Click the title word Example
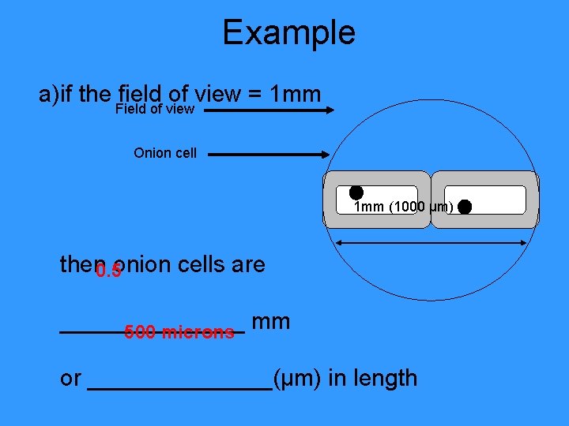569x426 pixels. coord(288,33)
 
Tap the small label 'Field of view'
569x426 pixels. coord(154,109)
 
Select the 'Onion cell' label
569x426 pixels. coord(165,152)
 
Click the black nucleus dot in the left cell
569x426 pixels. coord(356,192)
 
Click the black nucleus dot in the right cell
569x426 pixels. coord(465,207)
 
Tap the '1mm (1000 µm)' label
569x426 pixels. coord(403,207)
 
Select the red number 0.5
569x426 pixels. coord(107,272)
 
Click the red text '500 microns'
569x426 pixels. coord(179,332)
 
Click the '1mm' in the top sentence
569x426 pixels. coord(295,95)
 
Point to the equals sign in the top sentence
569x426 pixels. coord(254,95)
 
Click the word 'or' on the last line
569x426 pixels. coord(70,379)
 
